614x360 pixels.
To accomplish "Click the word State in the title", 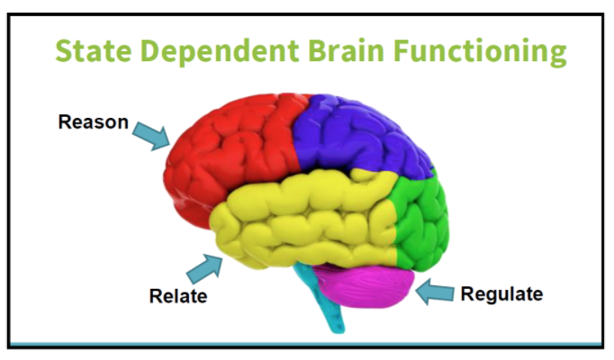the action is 94,51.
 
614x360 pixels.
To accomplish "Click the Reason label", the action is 94,121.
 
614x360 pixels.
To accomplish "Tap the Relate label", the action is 178,296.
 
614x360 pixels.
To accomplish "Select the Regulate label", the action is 501,294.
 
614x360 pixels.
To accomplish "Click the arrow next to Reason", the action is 151,135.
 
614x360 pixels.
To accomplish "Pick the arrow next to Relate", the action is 204,268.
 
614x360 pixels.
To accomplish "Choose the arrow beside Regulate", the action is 435,292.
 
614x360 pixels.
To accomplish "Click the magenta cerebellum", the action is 365,283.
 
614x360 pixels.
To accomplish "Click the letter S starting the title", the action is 64,51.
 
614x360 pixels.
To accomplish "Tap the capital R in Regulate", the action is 467,294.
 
